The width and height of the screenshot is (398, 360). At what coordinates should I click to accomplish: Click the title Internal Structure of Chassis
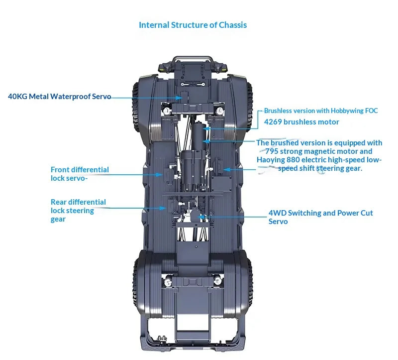[x=193, y=25]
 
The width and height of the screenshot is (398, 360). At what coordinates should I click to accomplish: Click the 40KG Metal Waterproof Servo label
[x=59, y=97]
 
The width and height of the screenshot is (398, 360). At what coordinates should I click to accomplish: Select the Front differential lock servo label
[x=80, y=174]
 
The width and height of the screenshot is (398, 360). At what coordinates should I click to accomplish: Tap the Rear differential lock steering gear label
[x=78, y=210]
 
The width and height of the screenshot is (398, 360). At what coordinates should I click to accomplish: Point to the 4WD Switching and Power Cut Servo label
[x=320, y=217]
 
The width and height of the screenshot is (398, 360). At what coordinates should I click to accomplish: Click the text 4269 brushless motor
[x=301, y=122]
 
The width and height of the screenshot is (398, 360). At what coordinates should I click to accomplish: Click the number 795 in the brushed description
[x=271, y=151]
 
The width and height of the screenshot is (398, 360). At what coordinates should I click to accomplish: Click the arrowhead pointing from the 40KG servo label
[x=179, y=98]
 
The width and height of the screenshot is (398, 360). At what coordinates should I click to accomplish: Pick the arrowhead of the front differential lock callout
[x=159, y=175]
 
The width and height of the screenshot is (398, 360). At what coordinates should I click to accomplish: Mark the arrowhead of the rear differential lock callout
[x=163, y=208]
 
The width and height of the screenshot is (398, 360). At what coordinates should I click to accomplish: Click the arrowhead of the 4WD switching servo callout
[x=200, y=217]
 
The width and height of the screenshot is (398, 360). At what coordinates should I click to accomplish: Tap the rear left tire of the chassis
[x=136, y=284]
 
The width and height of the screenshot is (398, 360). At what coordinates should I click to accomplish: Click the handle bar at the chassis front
[x=192, y=57]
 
